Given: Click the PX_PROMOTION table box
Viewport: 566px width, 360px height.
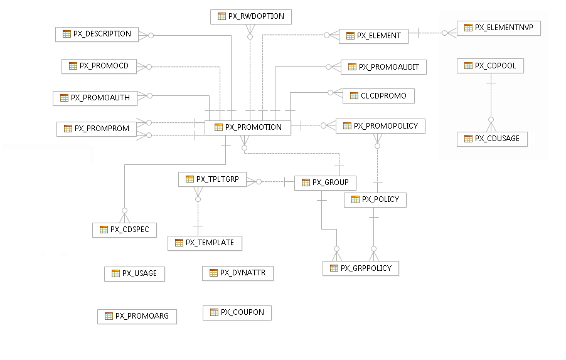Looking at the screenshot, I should click(248, 127).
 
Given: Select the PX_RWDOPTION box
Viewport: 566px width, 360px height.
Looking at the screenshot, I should click(251, 16).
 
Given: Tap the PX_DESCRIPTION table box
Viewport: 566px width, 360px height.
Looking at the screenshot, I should click(97, 34).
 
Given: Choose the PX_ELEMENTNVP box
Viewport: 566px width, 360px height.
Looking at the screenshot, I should click(499, 28).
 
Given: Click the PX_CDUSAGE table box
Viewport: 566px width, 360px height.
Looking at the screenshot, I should click(492, 139).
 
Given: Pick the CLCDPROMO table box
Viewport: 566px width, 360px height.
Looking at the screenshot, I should click(378, 96).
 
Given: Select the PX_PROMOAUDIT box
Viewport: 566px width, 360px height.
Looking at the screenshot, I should click(384, 67).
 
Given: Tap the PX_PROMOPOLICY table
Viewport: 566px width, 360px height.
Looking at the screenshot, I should click(381, 126).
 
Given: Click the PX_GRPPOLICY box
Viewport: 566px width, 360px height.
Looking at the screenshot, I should click(361, 268).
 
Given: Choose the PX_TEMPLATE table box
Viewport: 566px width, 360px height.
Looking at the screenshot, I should click(205, 243).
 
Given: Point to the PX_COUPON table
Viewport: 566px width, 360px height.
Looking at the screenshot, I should click(237, 312).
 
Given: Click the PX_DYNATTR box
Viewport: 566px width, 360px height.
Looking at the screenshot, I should click(238, 273).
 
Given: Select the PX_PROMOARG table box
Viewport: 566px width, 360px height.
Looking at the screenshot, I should click(137, 316).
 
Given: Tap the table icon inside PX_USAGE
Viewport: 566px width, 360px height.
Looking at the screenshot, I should click(115, 273).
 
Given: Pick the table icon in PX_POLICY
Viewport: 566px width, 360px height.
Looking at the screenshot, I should click(355, 199).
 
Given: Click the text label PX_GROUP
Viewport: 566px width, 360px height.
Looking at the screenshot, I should click(331, 183).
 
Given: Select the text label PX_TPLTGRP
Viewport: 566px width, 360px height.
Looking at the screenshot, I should click(215, 179).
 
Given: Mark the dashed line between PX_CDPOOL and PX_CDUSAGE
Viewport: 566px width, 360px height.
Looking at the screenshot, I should click(491, 100).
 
